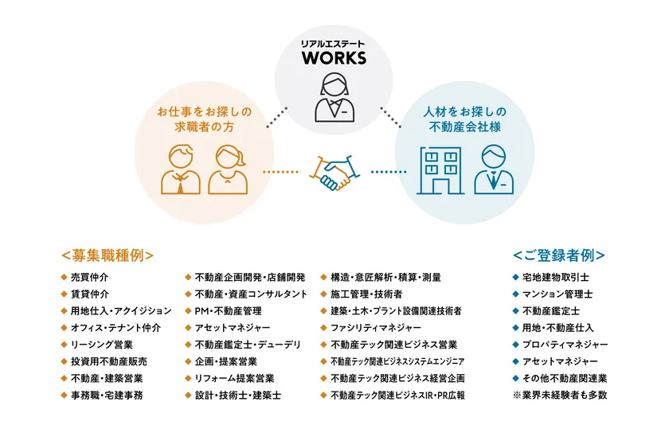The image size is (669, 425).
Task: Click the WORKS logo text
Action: coord(334,58)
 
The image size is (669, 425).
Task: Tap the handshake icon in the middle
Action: coord(334,173)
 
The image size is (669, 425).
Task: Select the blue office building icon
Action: coord(440,170)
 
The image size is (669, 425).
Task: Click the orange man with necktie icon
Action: coord(181,170)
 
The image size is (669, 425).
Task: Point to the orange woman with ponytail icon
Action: coord(228,170)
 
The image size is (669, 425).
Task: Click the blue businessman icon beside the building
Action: coord(494,170)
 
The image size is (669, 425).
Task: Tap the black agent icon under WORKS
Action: coord(334,98)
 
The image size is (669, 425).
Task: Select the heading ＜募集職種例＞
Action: coord(107,255)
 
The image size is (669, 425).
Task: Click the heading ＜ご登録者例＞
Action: coord(558,255)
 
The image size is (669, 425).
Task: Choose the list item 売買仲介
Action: coord(89,278)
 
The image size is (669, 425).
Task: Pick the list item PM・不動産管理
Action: coord(228,311)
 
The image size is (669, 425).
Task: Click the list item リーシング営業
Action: coord(102,345)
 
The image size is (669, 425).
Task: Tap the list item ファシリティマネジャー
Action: coord(375,328)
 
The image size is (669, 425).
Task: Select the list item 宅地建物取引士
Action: coord(556,278)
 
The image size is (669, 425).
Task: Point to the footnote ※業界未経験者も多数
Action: coord(560,396)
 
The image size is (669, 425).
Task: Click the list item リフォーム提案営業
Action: coord(234,379)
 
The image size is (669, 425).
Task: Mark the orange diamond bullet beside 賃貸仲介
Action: coord(64,294)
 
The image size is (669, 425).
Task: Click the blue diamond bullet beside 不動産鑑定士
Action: coord(515,311)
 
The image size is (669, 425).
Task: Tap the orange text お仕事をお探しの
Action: coord(205,112)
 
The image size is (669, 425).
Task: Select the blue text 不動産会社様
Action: coord(465,127)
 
